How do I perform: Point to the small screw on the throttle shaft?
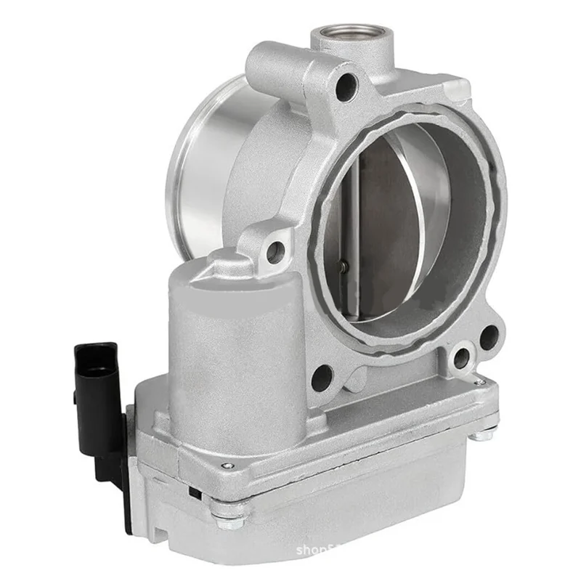[346, 266]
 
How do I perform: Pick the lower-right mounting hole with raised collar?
[460, 357]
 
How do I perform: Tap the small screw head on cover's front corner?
[229, 466]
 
